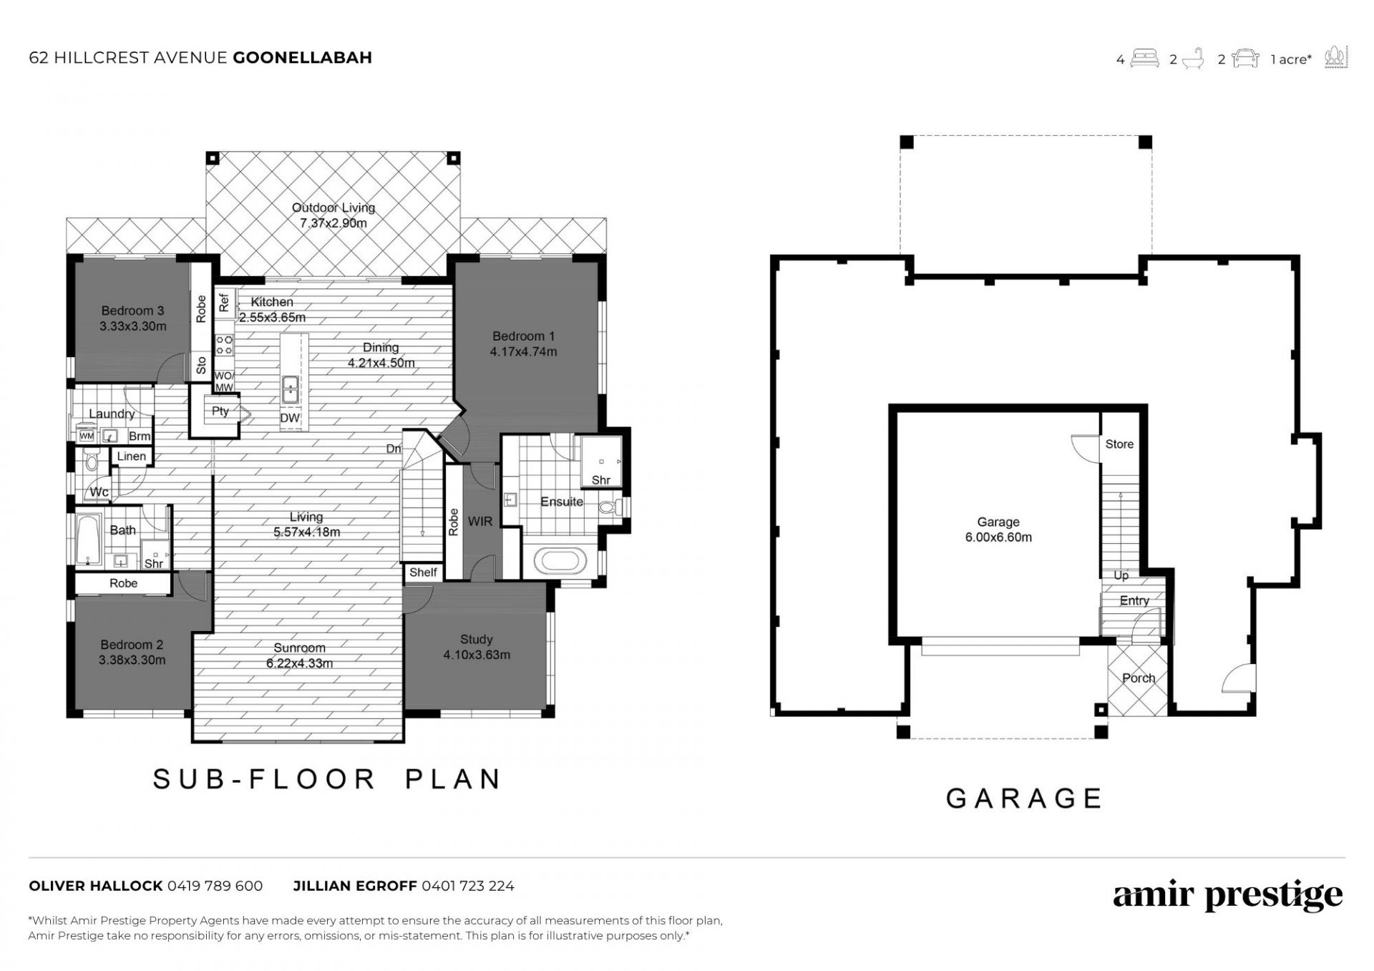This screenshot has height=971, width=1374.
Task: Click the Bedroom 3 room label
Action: tap(132, 311)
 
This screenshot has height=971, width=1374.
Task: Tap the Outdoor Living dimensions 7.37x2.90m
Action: tap(333, 223)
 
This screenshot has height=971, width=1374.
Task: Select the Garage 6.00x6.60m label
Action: tap(998, 530)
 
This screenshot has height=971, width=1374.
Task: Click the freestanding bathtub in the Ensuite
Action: tap(562, 558)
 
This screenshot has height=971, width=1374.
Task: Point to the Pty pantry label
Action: tap(220, 411)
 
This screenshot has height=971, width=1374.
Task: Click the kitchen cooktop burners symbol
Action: tap(225, 344)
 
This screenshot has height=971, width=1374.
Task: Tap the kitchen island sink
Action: tap(291, 390)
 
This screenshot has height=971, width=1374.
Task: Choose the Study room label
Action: tap(477, 639)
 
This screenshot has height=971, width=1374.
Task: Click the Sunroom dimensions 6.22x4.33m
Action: tap(300, 663)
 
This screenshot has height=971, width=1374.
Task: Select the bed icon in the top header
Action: tap(1145, 58)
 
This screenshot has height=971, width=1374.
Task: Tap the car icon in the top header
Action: tap(1246, 58)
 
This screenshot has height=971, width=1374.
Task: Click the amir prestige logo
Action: tap(1227, 896)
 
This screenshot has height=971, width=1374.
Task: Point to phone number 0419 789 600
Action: tap(215, 886)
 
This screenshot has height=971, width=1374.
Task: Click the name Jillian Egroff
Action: tap(355, 886)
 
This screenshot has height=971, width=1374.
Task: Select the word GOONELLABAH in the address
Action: tap(303, 58)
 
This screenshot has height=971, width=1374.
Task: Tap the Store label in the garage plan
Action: tap(1119, 444)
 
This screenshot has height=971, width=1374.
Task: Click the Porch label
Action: tap(1139, 678)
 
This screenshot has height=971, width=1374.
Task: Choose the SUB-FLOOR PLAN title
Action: tap(327, 779)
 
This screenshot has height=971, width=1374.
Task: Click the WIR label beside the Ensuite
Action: tap(480, 522)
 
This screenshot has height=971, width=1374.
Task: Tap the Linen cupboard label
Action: tap(132, 457)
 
